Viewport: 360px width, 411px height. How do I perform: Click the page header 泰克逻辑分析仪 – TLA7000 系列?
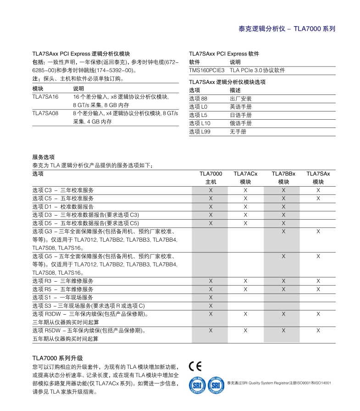pyautogui.click(x=287, y=28)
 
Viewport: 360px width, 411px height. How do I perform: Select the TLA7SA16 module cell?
pyautogui.click(x=45, y=97)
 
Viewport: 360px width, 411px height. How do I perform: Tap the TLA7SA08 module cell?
pyautogui.click(x=45, y=113)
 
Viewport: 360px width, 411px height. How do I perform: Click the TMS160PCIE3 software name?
pyautogui.click(x=207, y=70)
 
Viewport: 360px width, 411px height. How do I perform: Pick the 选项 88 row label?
pyautogui.click(x=198, y=99)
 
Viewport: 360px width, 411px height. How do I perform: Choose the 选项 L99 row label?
pyautogui.click(x=199, y=132)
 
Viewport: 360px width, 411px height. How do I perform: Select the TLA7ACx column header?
pyautogui.click(x=245, y=174)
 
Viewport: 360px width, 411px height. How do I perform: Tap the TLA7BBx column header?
pyautogui.click(x=283, y=174)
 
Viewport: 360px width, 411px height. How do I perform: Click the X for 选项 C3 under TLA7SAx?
pyautogui.click(x=318, y=190)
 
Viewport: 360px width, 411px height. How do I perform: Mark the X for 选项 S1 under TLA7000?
pyautogui.click(x=211, y=297)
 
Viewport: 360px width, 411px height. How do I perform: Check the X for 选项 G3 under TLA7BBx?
pyautogui.click(x=283, y=232)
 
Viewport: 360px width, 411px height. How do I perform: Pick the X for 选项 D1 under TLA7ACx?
pyautogui.click(x=245, y=206)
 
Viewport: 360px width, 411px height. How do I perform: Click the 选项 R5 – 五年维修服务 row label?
pyautogui.click(x=63, y=289)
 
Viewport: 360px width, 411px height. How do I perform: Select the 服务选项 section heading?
pyautogui.click(x=43, y=157)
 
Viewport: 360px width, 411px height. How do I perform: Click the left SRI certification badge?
pyautogui.click(x=197, y=385)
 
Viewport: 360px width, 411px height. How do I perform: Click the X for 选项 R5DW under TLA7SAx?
pyautogui.click(x=318, y=330)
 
